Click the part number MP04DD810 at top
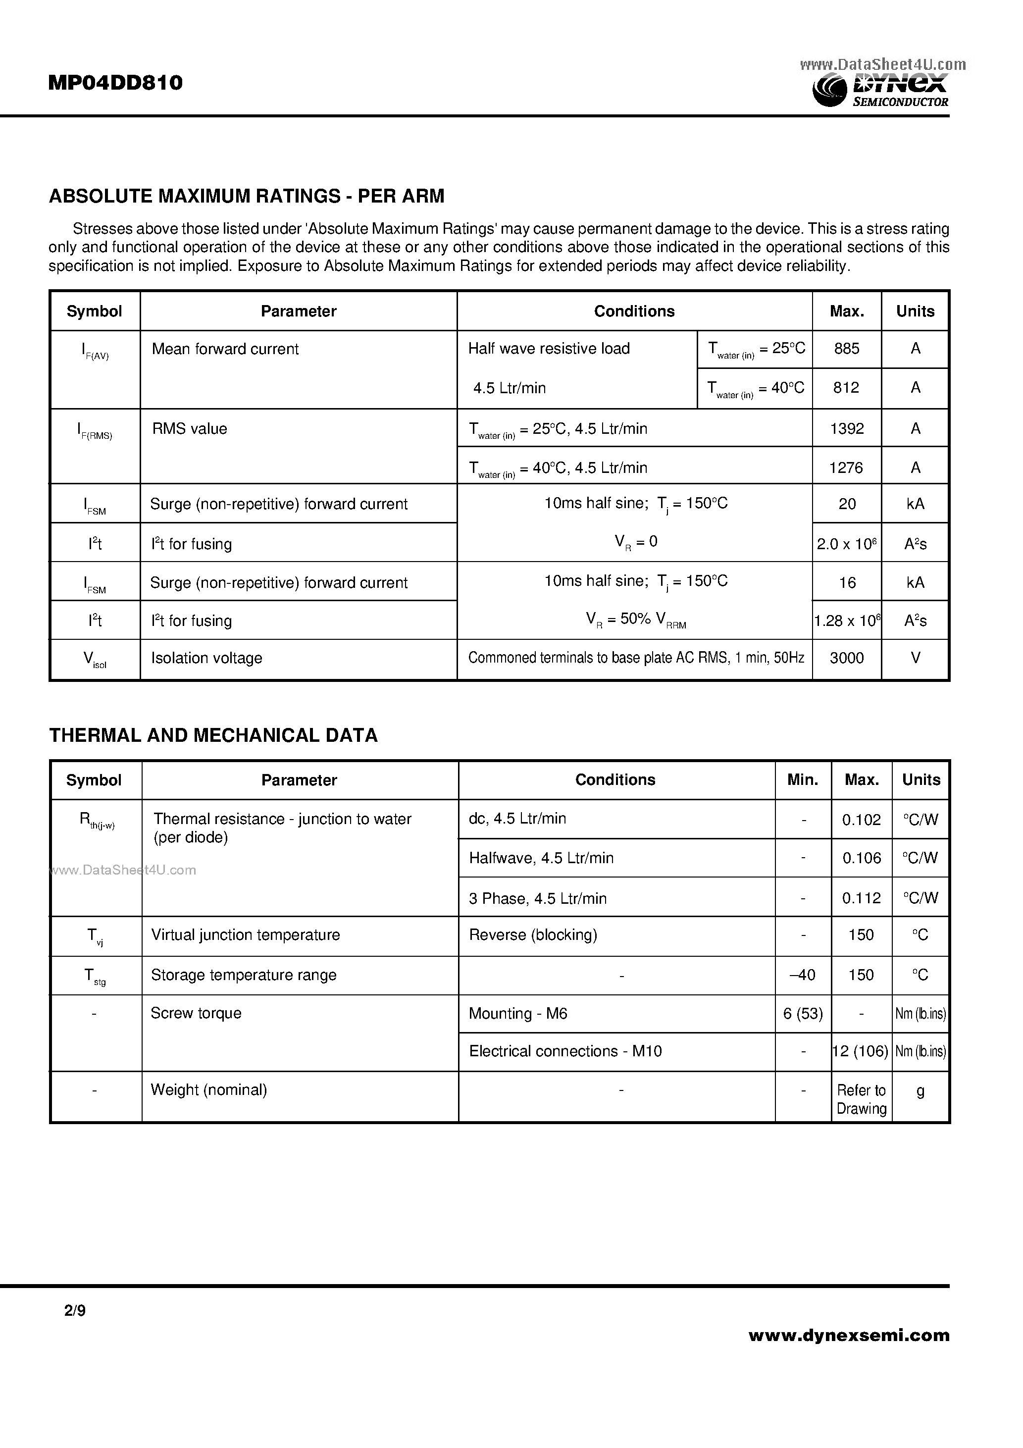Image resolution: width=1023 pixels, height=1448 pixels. pyautogui.click(x=115, y=83)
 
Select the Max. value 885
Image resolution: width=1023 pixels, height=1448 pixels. pyautogui.click(x=846, y=349)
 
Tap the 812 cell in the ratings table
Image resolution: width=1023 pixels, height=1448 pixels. pyautogui.click(x=846, y=388)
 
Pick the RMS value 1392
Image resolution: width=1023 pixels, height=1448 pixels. pyautogui.click(x=846, y=429)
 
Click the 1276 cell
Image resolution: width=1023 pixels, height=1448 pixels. pyautogui.click(x=846, y=467)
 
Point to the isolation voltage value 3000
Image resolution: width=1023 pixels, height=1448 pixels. pyautogui.click(x=846, y=659)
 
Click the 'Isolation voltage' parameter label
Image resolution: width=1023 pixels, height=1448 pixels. pyautogui.click(x=206, y=659)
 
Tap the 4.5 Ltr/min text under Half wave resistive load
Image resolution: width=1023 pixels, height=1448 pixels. pyautogui.click(x=509, y=388)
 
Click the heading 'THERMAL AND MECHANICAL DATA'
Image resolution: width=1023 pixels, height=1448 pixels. pyautogui.click(x=213, y=735)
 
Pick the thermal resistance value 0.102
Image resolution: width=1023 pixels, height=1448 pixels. pyautogui.click(x=861, y=820)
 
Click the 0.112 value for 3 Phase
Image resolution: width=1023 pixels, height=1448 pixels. pyautogui.click(x=861, y=898)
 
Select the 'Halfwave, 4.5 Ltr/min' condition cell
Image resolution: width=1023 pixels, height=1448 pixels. pyautogui.click(x=541, y=858)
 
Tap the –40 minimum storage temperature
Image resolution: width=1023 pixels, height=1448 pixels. pyautogui.click(x=802, y=975)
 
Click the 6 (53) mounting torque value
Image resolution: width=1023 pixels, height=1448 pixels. pyautogui.click(x=803, y=1014)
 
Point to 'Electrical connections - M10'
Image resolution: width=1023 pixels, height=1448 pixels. pyautogui.click(x=565, y=1051)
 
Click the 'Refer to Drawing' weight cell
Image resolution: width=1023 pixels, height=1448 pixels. pyautogui.click(x=861, y=1099)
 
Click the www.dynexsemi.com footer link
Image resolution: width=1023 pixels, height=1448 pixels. pyautogui.click(x=848, y=1335)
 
